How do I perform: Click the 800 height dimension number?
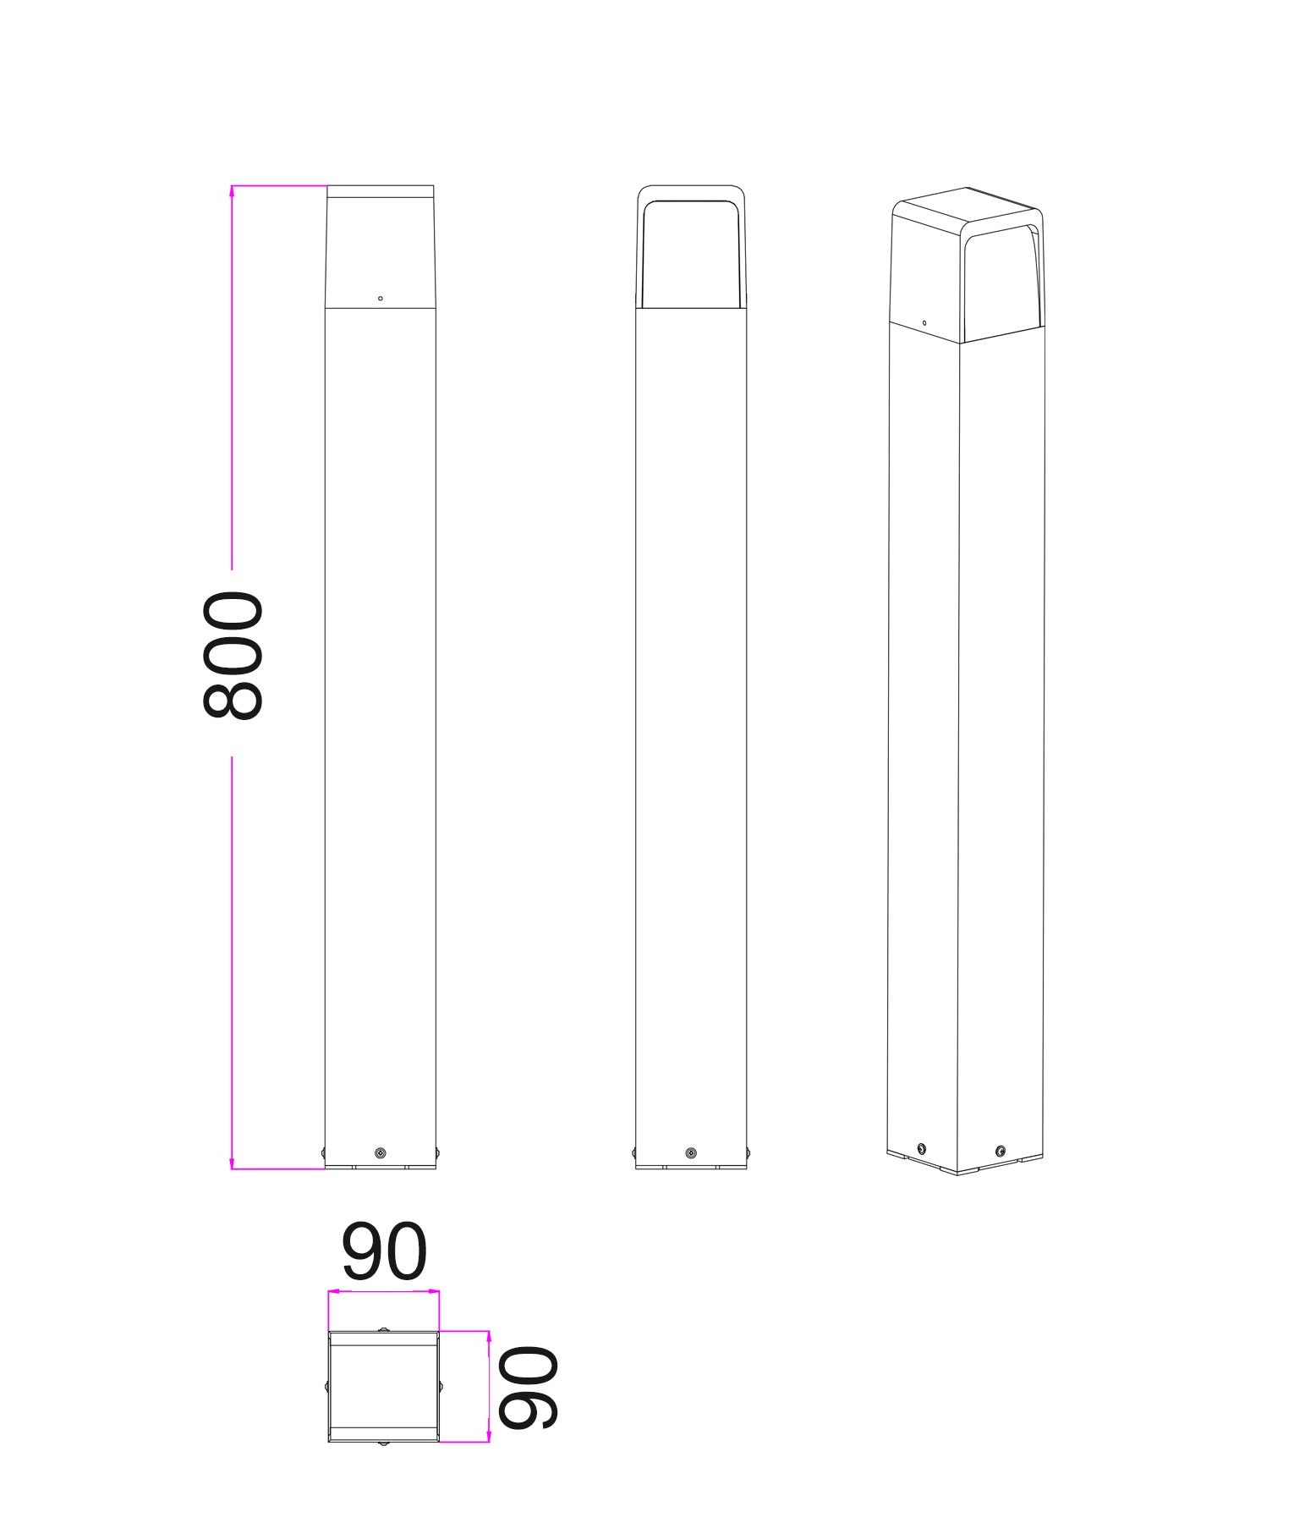tap(233, 656)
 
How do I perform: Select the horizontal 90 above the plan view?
tap(384, 1251)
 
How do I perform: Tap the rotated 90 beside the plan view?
tap(528, 1388)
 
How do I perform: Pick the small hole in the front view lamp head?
tap(381, 299)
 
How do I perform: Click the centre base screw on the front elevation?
tap(381, 1153)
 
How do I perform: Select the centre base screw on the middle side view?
tap(691, 1153)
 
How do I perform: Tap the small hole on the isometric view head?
tap(924, 322)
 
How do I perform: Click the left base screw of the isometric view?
tap(922, 1148)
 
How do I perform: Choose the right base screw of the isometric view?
tap(1001, 1151)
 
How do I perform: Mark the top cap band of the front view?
tap(381, 192)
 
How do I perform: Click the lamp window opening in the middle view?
tap(691, 254)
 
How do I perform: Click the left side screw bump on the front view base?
tap(323, 1152)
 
